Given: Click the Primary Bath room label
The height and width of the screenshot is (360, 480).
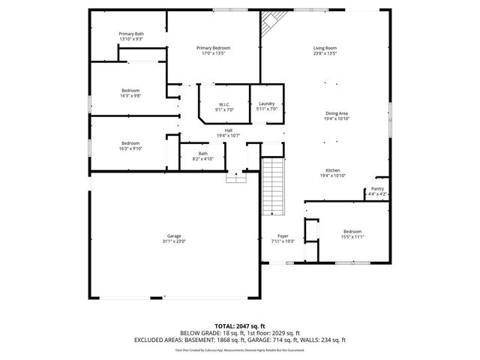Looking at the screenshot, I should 130,34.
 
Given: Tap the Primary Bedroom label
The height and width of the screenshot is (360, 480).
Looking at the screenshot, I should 213,49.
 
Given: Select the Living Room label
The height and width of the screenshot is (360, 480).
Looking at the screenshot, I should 325,49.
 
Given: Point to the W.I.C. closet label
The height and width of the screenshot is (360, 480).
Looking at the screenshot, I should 223,104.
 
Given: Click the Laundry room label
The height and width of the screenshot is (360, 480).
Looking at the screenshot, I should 267,104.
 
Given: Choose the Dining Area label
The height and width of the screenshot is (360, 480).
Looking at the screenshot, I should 336,113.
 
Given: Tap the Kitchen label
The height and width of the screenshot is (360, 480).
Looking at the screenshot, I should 334,170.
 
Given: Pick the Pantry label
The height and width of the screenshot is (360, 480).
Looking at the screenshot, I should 377,189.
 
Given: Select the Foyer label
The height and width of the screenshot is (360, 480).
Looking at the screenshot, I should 283,236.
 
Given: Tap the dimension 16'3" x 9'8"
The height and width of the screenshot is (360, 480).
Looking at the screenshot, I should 130,96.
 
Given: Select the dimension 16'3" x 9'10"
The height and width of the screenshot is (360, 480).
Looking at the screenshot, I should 130,148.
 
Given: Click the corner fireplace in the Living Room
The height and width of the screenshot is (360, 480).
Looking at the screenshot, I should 268,28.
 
